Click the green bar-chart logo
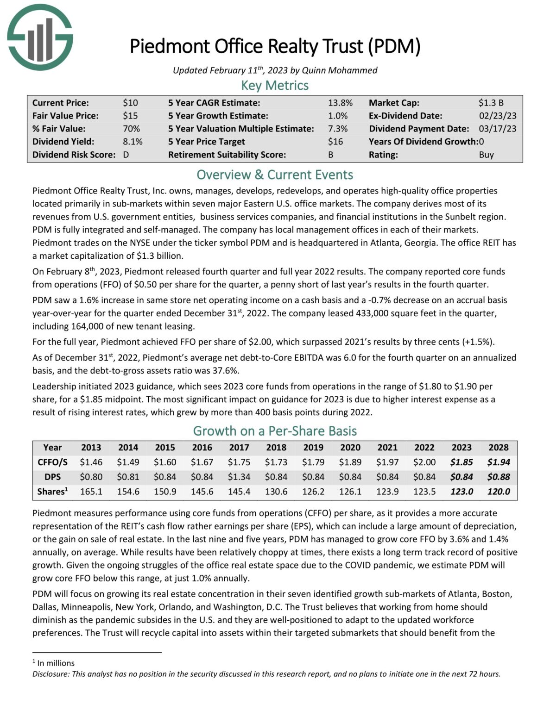click(x=40, y=37)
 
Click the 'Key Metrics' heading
click(x=275, y=86)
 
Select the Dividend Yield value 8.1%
click(x=133, y=142)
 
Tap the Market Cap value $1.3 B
click(x=491, y=103)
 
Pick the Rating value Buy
click(x=486, y=155)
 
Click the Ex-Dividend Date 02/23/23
click(x=497, y=116)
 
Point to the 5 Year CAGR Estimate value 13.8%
click(x=340, y=103)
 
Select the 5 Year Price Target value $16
click(x=335, y=142)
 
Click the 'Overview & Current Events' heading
click(x=275, y=175)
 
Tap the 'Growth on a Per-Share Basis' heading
click(x=275, y=431)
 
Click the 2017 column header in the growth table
click(x=239, y=448)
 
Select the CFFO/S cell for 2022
click(x=424, y=462)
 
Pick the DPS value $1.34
click(x=239, y=477)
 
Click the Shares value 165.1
click(x=91, y=492)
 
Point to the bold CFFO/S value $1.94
click(x=499, y=462)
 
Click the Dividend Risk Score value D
click(x=126, y=155)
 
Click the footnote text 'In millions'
click(x=56, y=663)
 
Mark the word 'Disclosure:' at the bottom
click(x=51, y=674)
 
